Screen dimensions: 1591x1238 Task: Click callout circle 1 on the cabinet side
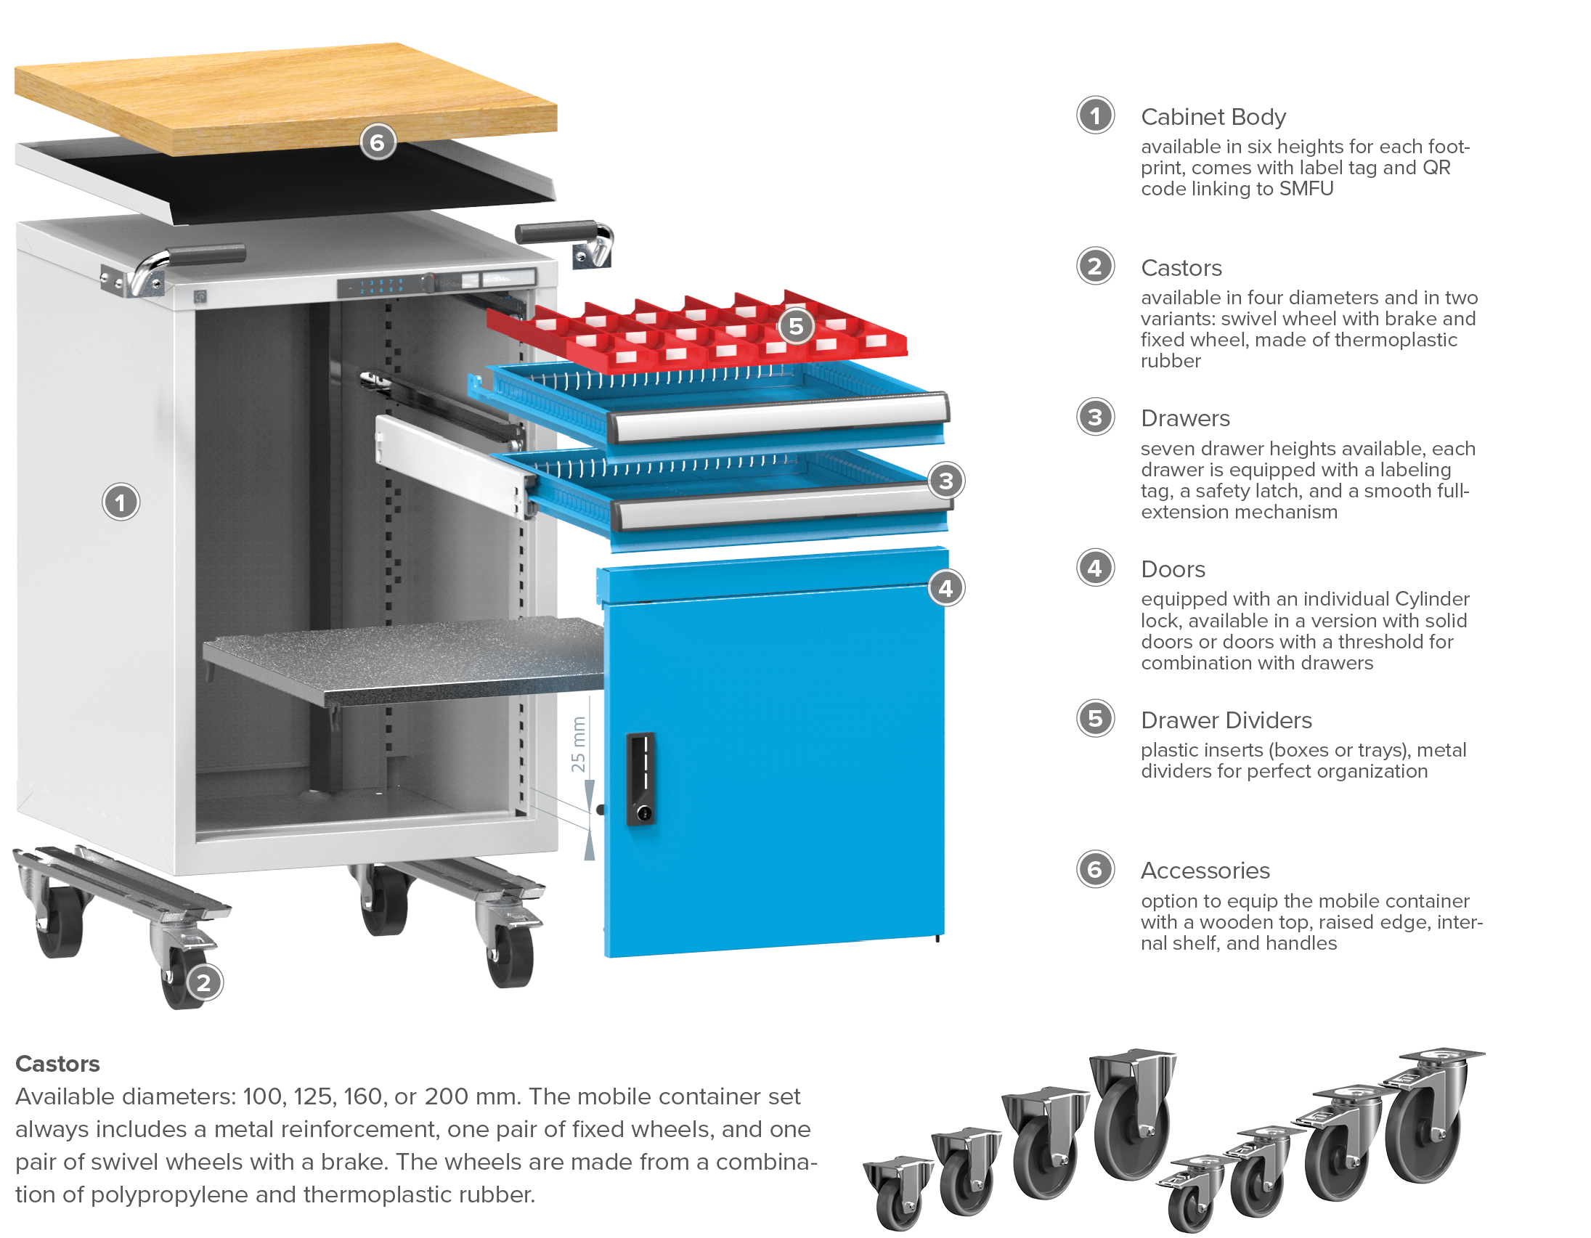[121, 502]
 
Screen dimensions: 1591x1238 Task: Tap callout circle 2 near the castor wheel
[204, 982]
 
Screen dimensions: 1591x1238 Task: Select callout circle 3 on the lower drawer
[945, 481]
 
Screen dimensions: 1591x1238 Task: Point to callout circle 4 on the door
[945, 587]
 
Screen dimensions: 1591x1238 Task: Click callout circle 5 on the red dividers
[797, 326]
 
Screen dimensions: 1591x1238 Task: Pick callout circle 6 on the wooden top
[378, 142]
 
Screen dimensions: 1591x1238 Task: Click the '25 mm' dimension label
[579, 744]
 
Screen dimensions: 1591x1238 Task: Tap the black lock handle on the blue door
[640, 778]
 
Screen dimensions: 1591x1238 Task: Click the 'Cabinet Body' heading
[1213, 116]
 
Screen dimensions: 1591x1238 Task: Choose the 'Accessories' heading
[1205, 871]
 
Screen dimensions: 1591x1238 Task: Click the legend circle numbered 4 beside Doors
[1095, 568]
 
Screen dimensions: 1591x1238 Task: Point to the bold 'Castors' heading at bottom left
[57, 1064]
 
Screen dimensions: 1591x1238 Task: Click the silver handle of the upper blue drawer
[777, 418]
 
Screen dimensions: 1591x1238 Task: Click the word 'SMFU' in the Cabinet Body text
[1306, 189]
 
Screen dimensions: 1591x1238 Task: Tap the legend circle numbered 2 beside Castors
[1095, 266]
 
